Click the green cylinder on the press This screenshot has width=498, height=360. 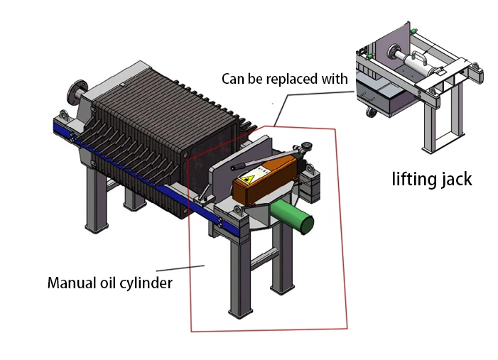(293, 215)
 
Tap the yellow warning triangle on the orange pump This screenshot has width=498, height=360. (250, 180)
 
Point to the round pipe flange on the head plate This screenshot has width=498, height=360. (75, 92)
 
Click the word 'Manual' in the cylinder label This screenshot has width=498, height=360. (69, 283)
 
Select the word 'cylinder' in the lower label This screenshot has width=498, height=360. (147, 283)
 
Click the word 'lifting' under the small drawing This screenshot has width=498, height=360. (412, 179)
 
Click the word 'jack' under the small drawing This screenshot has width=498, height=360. (455, 179)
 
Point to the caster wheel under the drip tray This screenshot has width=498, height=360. (371, 111)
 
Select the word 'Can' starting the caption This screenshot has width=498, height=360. (232, 78)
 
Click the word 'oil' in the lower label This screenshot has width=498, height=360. (106, 283)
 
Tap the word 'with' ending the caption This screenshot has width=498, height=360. (335, 78)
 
